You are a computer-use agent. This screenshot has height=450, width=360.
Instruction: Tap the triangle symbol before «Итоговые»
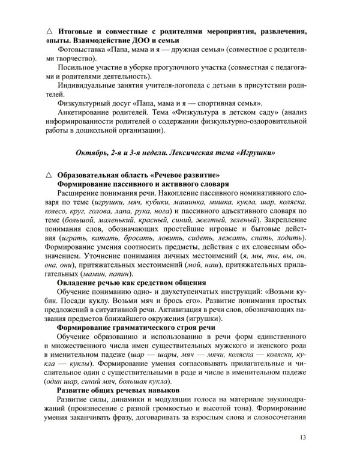coord(49,29)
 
